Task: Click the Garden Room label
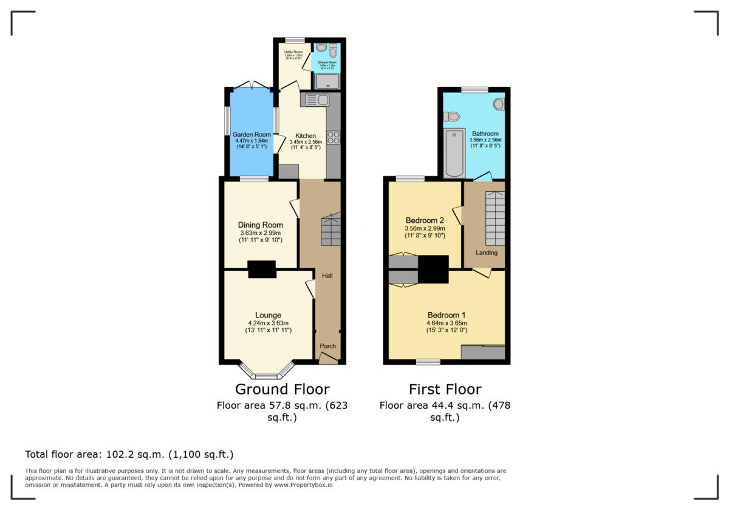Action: [x=253, y=135]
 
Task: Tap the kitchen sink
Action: [x=315, y=100]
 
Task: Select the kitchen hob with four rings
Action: [x=333, y=138]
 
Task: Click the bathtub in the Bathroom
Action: [x=454, y=153]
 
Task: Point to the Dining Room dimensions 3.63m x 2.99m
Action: [x=260, y=233]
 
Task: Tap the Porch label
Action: [x=328, y=346]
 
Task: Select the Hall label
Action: [x=327, y=276]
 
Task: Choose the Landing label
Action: [x=487, y=253]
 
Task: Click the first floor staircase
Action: [x=495, y=217]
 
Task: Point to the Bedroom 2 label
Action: [x=425, y=220]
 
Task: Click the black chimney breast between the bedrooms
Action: [x=433, y=269]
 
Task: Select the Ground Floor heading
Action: [x=282, y=389]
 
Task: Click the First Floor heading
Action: [x=445, y=389]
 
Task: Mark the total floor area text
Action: [x=129, y=454]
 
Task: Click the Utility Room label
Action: [x=293, y=53]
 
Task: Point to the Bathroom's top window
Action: [x=474, y=90]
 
